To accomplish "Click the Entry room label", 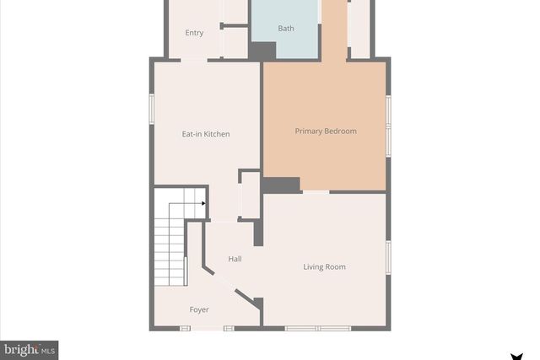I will [x=194, y=33].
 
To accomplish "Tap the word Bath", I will [x=286, y=29].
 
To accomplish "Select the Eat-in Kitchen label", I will [x=206, y=134].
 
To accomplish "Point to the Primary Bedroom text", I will [x=325, y=131].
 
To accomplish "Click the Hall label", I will [x=235, y=259].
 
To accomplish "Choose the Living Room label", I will [x=324, y=267].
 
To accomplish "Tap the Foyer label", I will [x=199, y=310].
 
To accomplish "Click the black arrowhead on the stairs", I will [x=203, y=203].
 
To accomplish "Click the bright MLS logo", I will [x=29, y=349].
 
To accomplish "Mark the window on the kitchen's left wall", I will [x=152, y=110].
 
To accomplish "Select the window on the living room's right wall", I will [x=387, y=257].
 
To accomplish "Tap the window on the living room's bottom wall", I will [x=316, y=328].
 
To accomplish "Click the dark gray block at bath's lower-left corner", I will [x=262, y=51].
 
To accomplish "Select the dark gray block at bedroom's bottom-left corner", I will [x=281, y=185].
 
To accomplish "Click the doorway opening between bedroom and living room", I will [x=316, y=192].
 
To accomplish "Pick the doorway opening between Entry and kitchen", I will [x=193, y=60].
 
